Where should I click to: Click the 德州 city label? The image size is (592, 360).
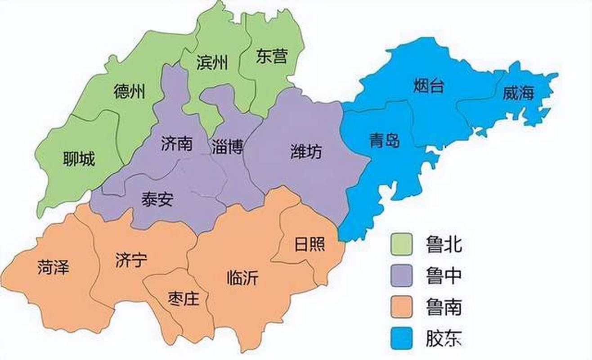click(130, 91)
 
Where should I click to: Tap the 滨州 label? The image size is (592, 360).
click(212, 63)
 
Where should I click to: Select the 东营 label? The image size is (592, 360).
click(271, 56)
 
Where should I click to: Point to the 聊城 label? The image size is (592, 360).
click(79, 159)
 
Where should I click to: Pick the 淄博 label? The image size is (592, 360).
click(227, 147)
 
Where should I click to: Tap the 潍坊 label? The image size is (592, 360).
click(306, 152)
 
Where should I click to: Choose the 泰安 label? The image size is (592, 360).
click(157, 198)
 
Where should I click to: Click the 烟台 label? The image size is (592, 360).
click(428, 85)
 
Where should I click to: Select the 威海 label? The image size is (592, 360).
click(518, 93)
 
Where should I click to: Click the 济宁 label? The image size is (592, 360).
click(131, 261)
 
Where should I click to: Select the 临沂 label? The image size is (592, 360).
click(243, 278)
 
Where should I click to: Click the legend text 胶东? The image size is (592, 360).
click(444, 337)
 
